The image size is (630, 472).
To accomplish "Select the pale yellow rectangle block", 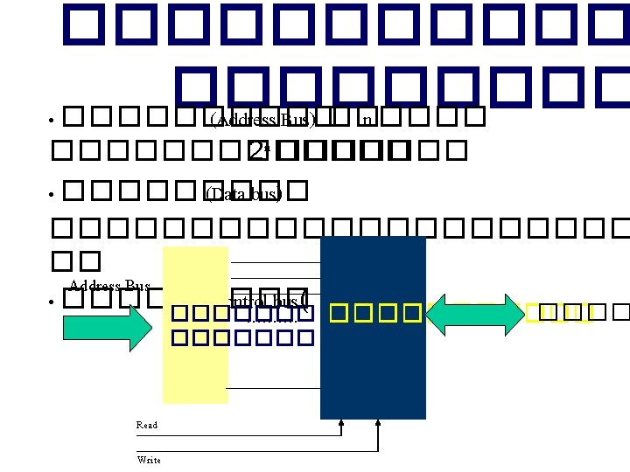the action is (195, 367).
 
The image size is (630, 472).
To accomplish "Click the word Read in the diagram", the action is (146, 425).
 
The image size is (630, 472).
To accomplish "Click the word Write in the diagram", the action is (148, 460).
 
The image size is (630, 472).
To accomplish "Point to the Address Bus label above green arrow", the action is (109, 286).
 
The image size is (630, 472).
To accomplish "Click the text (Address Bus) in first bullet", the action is (263, 119).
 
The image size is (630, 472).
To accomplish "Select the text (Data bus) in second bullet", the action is (243, 194).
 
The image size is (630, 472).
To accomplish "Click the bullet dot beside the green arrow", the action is (52, 302).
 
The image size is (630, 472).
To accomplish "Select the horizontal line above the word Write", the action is (254, 451).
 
